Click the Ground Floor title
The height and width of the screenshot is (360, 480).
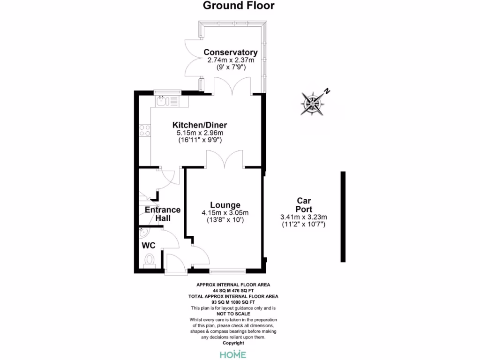pyautogui.click(x=239, y=6)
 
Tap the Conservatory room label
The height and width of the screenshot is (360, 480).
pyautogui.click(x=230, y=52)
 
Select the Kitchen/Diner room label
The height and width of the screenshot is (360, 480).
pyautogui.click(x=200, y=125)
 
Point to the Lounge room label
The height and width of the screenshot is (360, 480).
pyautogui.click(x=225, y=205)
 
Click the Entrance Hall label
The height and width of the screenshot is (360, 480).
pyautogui.click(x=163, y=214)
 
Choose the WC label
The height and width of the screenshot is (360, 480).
pyautogui.click(x=149, y=245)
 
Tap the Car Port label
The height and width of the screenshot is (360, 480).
pyautogui.click(x=303, y=205)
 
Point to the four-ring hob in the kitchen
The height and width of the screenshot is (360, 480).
pyautogui.click(x=145, y=130)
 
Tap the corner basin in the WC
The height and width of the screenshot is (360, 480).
pyautogui.click(x=143, y=233)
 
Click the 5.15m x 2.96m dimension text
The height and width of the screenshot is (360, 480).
pyautogui.click(x=200, y=133)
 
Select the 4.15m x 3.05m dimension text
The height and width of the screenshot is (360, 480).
pyautogui.click(x=225, y=213)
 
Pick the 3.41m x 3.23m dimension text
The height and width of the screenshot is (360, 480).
pyautogui.click(x=303, y=217)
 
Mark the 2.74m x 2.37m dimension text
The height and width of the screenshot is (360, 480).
pyautogui.click(x=231, y=60)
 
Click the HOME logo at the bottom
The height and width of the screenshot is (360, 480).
pyautogui.click(x=233, y=354)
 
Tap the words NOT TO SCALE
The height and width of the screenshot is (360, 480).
pyautogui.click(x=233, y=314)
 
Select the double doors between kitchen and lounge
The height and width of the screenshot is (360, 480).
pyautogui.click(x=224, y=159)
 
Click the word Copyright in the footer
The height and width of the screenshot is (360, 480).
pyautogui.click(x=233, y=343)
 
